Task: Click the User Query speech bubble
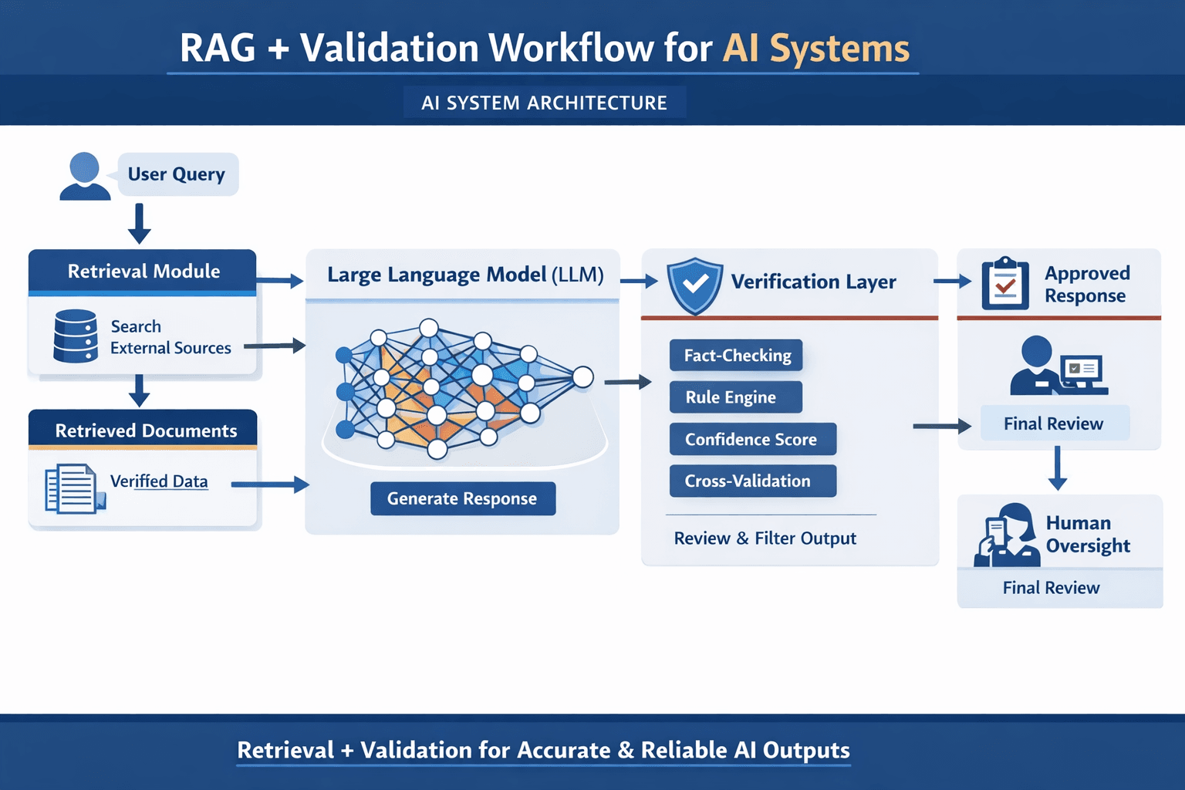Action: [x=177, y=174]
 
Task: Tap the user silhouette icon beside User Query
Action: [x=84, y=177]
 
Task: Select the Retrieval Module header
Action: [x=143, y=272]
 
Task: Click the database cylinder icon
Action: [x=76, y=336]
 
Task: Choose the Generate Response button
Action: [x=462, y=498]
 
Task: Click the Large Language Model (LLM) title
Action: [x=464, y=275]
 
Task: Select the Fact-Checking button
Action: [x=736, y=356]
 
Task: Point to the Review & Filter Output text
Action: [x=765, y=538]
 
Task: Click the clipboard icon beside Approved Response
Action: [x=1004, y=284]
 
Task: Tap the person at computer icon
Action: [x=1058, y=366]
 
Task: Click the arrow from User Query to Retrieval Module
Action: [x=139, y=223]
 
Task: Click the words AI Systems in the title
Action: [x=815, y=48]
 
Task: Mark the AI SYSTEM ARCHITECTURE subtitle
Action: [x=544, y=103]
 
